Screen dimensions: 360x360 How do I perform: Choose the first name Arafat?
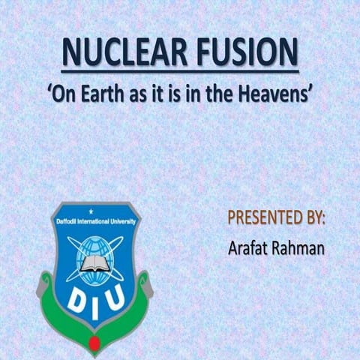tap(249, 248)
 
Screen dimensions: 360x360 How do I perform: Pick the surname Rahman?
tap(299, 248)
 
